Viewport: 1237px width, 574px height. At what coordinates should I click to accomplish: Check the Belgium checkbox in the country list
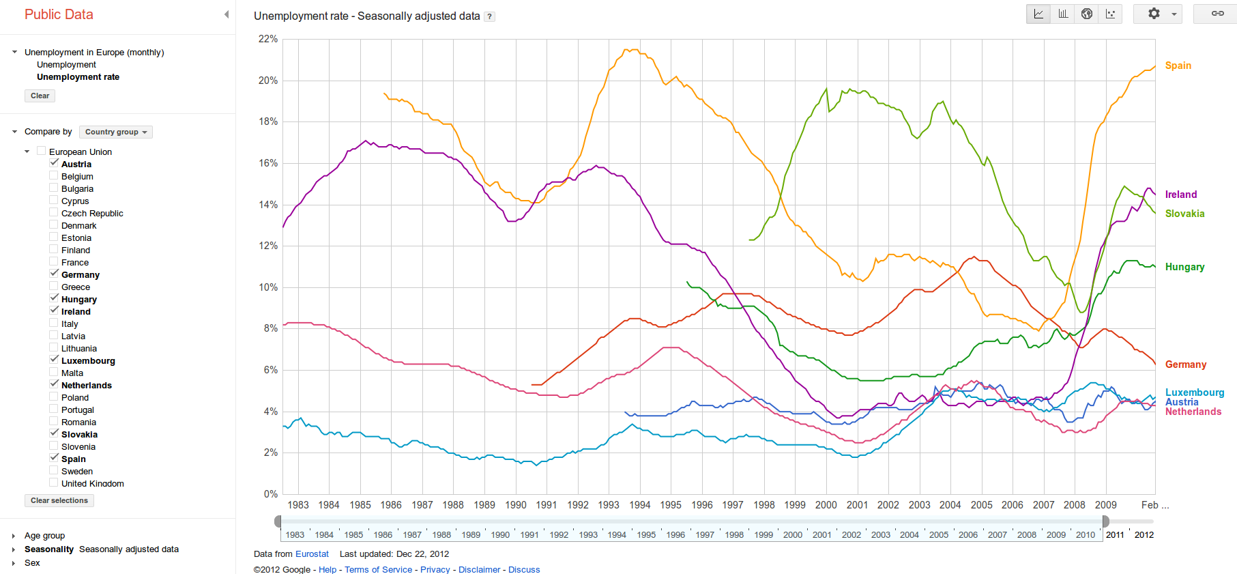pos(54,176)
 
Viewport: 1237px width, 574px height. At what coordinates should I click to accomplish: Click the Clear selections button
pos(59,500)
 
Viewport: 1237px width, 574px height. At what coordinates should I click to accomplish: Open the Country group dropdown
pos(115,132)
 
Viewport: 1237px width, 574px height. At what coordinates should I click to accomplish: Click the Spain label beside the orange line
pos(1178,66)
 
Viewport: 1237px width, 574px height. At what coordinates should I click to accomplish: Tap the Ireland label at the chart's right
pos(1180,195)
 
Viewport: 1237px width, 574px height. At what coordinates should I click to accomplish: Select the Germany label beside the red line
pos(1185,364)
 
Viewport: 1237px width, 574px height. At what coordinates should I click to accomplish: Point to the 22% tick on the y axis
pos(268,40)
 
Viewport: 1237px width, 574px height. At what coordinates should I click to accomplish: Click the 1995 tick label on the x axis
pos(671,505)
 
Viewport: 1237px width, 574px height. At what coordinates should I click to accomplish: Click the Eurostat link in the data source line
pos(312,554)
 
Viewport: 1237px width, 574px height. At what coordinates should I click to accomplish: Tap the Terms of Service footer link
pos(378,569)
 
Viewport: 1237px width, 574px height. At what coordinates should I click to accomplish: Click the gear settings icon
pos(1154,14)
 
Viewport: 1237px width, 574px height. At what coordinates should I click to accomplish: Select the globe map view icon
pos(1087,14)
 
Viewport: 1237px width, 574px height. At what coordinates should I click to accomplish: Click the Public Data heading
pos(59,14)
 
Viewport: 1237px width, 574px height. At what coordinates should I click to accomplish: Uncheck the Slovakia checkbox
pos(54,434)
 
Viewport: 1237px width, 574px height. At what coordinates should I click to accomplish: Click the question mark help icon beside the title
pos(489,16)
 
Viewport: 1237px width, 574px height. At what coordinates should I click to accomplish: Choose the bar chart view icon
pos(1063,14)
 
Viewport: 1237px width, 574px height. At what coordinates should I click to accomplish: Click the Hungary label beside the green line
pos(1184,267)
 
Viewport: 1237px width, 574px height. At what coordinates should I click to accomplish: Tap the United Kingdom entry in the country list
pos(92,483)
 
